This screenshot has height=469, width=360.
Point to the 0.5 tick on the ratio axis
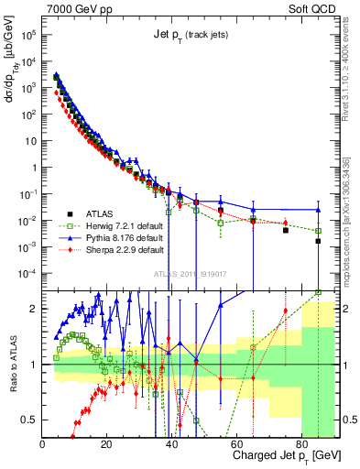29,420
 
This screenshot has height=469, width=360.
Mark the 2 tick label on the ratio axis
34,309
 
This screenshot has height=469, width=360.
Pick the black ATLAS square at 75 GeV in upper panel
286,230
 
